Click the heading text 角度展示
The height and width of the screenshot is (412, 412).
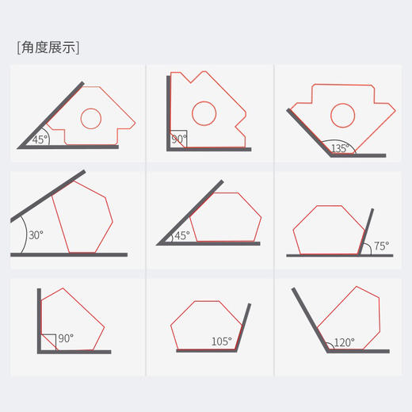pyautogui.click(x=48, y=47)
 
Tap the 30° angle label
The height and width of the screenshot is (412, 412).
pyautogui.click(x=36, y=235)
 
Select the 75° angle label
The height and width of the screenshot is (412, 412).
pyautogui.click(x=381, y=246)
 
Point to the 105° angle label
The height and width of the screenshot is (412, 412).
pyautogui.click(x=221, y=342)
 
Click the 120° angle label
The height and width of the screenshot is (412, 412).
pyautogui.click(x=344, y=342)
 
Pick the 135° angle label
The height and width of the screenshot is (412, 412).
pyautogui.click(x=340, y=148)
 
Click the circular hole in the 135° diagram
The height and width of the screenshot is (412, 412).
pyautogui.click(x=342, y=116)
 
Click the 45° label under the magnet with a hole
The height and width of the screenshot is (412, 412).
pyautogui.click(x=40, y=139)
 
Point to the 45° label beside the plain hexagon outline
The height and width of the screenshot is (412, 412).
pyautogui.click(x=182, y=235)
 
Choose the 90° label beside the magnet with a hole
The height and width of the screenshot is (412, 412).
pyautogui.click(x=180, y=139)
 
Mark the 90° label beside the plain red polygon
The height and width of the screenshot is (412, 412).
pyautogui.click(x=65, y=338)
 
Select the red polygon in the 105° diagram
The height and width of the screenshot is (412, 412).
pyautogui.click(x=204, y=325)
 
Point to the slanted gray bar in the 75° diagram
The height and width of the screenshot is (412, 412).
pyautogui.click(x=366, y=234)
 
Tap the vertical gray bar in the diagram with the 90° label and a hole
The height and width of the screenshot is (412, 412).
pyautogui.click(x=169, y=111)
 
